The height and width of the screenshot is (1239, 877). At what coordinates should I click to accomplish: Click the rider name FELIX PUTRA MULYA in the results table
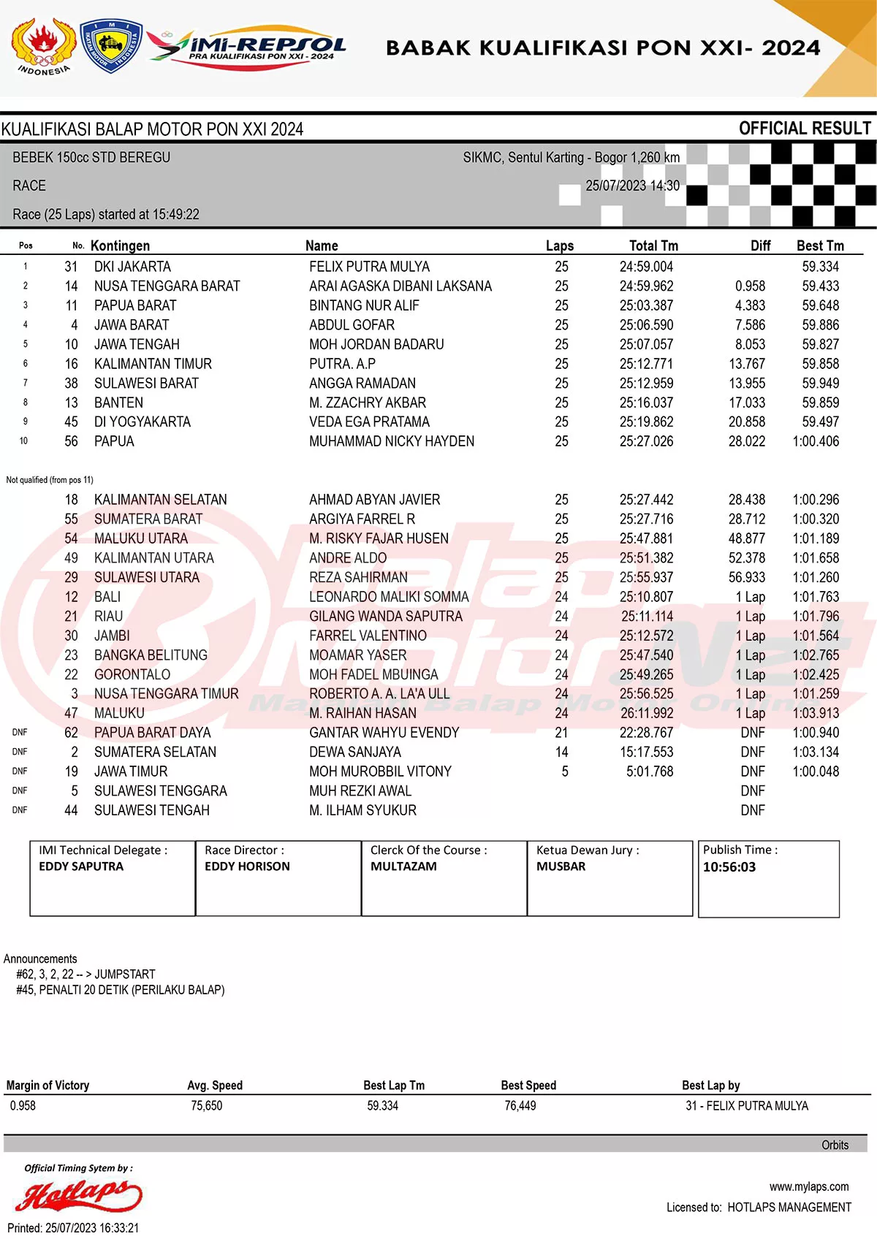(369, 267)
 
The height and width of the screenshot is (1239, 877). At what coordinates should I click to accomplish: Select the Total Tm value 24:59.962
(646, 286)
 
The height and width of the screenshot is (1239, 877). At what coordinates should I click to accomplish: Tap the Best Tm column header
(820, 246)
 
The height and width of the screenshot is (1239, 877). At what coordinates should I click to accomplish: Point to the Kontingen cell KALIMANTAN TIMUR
(153, 364)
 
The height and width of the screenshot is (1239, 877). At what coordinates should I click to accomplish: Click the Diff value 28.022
(746, 441)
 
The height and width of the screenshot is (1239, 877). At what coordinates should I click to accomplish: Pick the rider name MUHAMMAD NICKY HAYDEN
(391, 441)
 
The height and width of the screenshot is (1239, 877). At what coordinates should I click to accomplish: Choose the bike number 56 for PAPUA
(71, 441)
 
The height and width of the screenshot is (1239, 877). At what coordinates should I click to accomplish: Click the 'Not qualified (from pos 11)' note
(50, 480)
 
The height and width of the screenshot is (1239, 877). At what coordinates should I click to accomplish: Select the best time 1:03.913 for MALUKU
(816, 713)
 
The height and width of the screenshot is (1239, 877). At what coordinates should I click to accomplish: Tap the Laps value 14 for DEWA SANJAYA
(561, 752)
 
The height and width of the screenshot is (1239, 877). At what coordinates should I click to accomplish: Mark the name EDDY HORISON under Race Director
(247, 866)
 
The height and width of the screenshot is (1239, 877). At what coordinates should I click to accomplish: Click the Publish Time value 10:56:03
(729, 867)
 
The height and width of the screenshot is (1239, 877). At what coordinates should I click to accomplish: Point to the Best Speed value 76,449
(520, 1106)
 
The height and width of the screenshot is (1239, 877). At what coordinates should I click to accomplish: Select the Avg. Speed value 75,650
(207, 1106)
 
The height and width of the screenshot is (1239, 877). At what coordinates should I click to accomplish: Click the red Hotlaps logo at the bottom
(79, 1195)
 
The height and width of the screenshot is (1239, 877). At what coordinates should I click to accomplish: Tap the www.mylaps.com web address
(808, 1186)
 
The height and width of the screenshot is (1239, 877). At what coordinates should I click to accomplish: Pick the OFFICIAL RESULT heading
(805, 129)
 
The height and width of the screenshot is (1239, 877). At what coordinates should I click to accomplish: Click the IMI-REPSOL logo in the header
(248, 48)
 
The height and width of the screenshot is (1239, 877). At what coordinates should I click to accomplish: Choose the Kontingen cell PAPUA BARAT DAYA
(152, 733)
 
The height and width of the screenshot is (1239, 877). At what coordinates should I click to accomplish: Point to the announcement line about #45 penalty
(121, 990)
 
